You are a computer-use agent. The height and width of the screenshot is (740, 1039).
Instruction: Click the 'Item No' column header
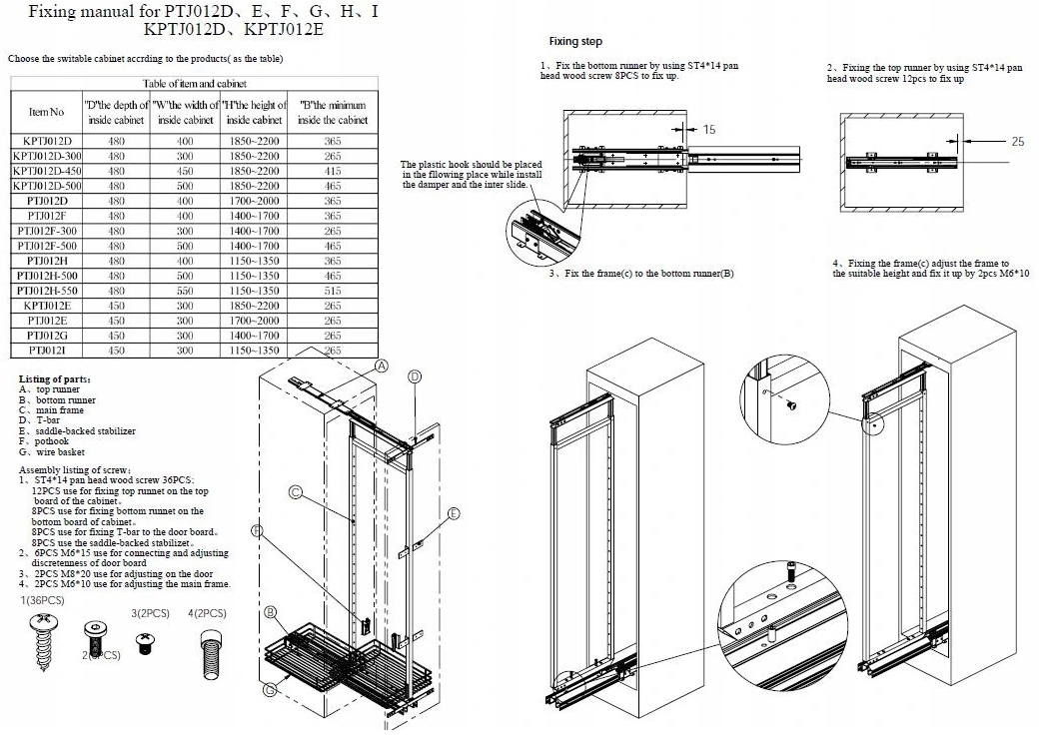(46, 112)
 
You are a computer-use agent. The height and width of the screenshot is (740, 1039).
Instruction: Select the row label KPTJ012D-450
(47, 171)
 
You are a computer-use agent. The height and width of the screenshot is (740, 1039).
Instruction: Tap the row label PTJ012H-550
(47, 290)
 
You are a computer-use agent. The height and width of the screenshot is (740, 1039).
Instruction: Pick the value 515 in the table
(333, 290)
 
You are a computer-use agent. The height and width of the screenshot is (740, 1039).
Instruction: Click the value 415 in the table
(333, 171)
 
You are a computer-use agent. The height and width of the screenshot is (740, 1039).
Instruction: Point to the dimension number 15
(709, 129)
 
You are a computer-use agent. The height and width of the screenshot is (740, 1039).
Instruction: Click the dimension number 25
(1017, 142)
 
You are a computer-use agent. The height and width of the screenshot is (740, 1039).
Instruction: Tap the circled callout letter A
(381, 366)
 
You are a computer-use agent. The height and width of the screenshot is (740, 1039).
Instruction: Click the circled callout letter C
(296, 491)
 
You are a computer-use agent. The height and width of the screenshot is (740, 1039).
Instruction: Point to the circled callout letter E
(454, 513)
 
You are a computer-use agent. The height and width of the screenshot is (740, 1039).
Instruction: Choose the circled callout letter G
(269, 689)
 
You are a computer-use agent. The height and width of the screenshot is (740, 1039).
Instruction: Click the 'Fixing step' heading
(576, 42)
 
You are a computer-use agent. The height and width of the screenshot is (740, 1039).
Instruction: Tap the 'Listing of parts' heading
(56, 379)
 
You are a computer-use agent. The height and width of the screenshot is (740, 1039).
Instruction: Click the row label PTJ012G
(47, 335)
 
